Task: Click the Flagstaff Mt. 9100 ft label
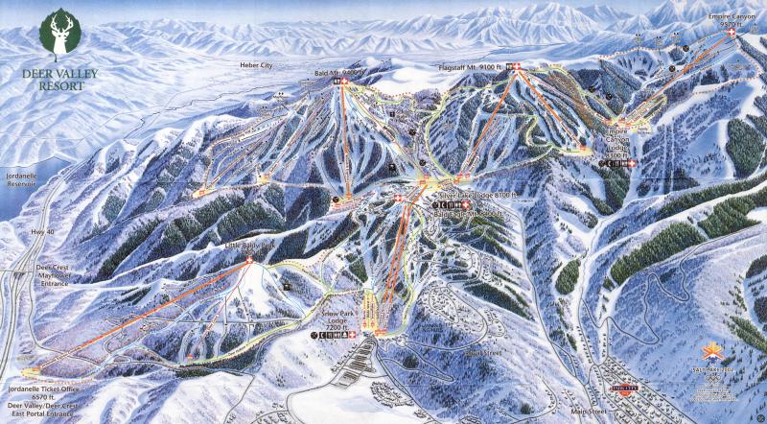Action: (472, 66)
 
